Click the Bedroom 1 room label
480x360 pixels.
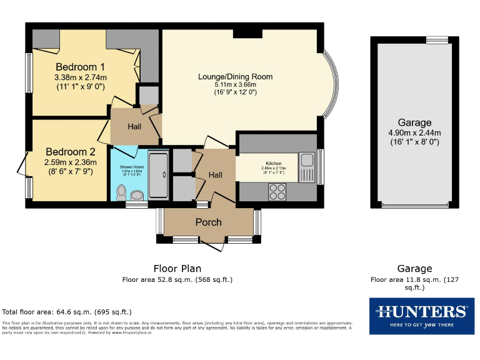coord(80,67)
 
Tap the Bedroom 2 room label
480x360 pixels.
coord(69,151)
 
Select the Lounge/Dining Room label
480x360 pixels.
coord(235,77)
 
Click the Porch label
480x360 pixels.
coord(208,222)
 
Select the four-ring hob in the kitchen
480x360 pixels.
coord(277,192)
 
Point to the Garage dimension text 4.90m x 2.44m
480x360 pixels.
coord(414,132)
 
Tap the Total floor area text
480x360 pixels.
coord(67,312)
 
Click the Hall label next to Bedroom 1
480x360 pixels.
coord(134,126)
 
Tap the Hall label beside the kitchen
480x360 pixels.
coord(215,175)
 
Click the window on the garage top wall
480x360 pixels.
coord(437,40)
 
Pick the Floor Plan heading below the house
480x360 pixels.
coord(177,269)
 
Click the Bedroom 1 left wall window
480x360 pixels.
coord(29,72)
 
